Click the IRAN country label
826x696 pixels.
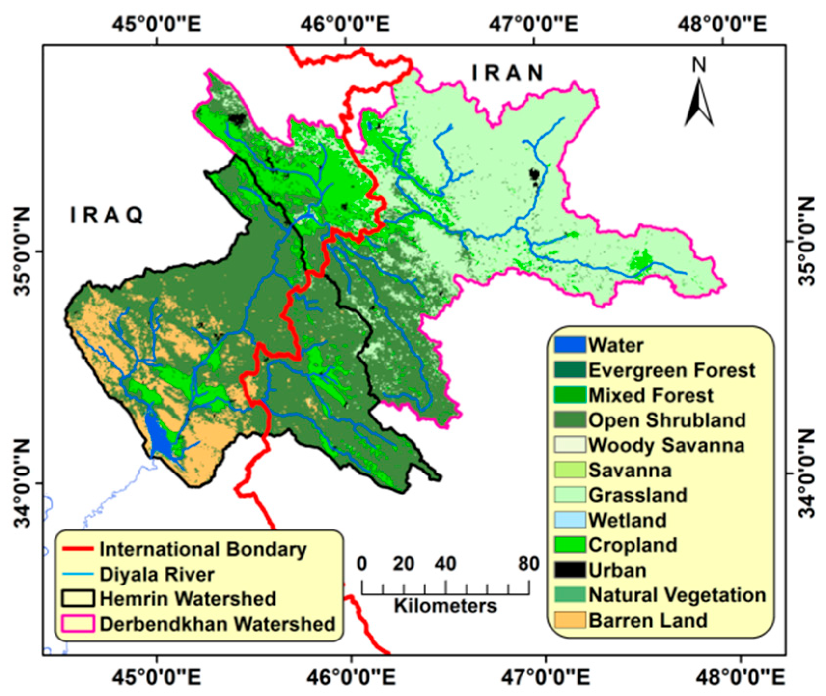508,73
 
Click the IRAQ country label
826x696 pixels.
107,215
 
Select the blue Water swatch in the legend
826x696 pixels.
570,345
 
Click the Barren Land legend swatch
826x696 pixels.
570,620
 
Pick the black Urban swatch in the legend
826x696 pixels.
570,570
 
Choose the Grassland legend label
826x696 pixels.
637,495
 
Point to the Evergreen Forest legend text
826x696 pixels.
671,370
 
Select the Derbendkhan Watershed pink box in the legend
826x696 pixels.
78,624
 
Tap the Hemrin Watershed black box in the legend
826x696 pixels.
78,599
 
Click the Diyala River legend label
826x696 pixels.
157,574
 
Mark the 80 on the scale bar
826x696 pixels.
528,563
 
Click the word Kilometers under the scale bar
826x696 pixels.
445,606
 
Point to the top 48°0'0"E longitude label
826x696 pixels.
721,23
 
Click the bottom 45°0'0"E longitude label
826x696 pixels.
157,678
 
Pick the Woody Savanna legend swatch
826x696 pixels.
570,445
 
